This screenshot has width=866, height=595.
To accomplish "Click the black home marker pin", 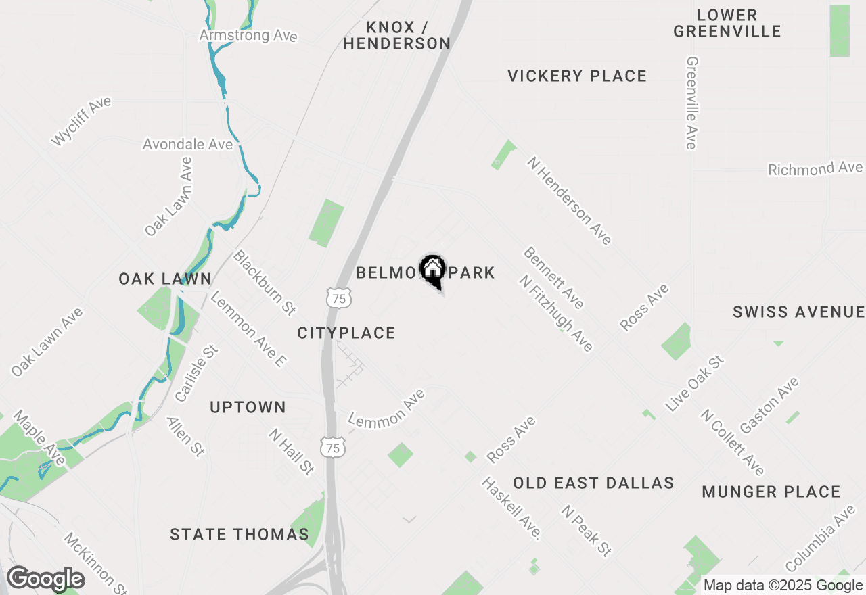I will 433,270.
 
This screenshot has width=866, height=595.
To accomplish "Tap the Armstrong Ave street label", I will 248,34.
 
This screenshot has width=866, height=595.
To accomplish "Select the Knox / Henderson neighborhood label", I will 396,35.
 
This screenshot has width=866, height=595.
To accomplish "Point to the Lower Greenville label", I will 727,23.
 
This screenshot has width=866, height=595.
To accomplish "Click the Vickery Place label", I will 577,76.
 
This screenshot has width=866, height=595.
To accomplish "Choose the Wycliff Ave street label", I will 81,122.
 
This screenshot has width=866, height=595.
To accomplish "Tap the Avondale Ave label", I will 187,144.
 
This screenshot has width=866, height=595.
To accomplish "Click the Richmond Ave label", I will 815,168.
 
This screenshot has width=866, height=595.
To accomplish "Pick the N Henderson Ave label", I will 569,200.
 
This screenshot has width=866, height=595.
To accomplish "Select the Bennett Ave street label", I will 553,277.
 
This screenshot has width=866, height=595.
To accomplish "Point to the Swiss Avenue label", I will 798,312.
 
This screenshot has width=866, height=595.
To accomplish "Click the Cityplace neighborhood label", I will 346,333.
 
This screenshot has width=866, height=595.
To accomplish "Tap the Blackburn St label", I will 265,283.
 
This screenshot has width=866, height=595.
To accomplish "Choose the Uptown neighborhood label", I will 248,407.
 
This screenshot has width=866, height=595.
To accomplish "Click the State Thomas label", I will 240,534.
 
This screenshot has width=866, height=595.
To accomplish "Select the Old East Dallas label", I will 593,483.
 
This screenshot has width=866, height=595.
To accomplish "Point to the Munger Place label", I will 771,492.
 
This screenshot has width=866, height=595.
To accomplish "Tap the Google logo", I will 45,579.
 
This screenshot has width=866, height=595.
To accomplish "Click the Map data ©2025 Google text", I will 783,586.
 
